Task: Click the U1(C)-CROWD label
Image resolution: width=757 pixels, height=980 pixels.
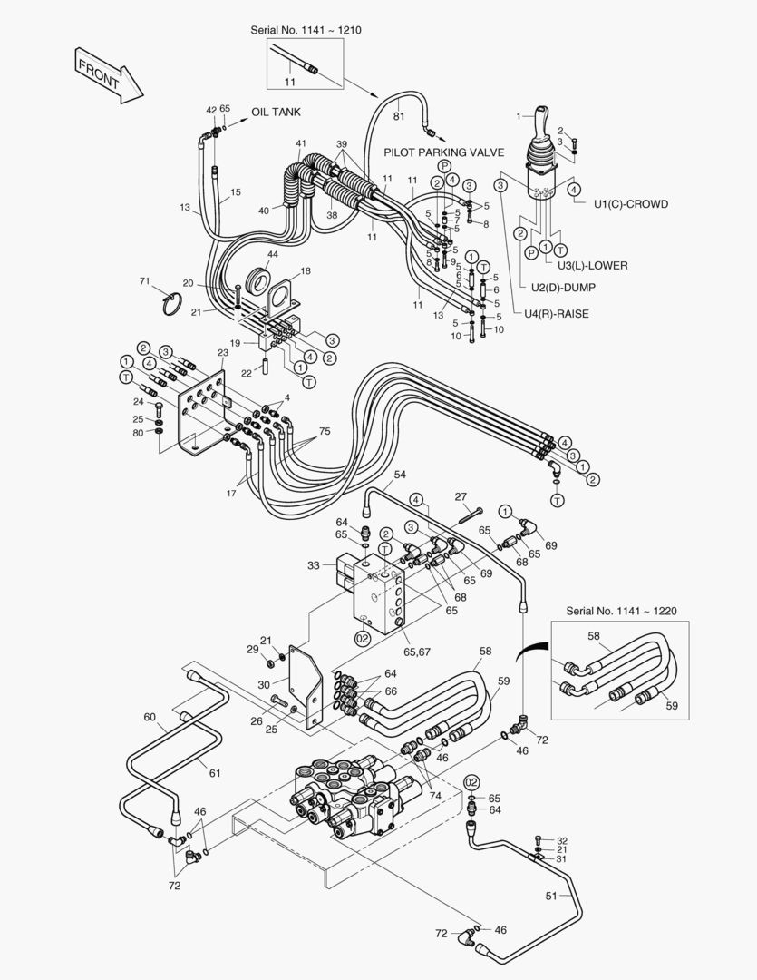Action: point(631,204)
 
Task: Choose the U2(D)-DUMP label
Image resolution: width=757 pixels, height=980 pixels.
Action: point(568,288)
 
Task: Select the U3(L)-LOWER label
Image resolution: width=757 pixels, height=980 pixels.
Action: point(593,265)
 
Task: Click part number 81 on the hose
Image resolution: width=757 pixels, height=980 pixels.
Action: point(399,115)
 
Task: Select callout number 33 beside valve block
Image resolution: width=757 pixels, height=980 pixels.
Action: point(314,565)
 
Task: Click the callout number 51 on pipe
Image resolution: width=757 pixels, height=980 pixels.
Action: point(551,896)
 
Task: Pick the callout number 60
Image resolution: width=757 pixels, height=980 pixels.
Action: point(150,717)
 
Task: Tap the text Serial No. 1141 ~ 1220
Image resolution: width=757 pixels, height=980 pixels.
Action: point(621,611)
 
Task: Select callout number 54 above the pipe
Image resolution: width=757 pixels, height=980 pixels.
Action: point(400,475)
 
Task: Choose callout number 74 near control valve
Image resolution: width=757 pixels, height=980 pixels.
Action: point(436,795)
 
